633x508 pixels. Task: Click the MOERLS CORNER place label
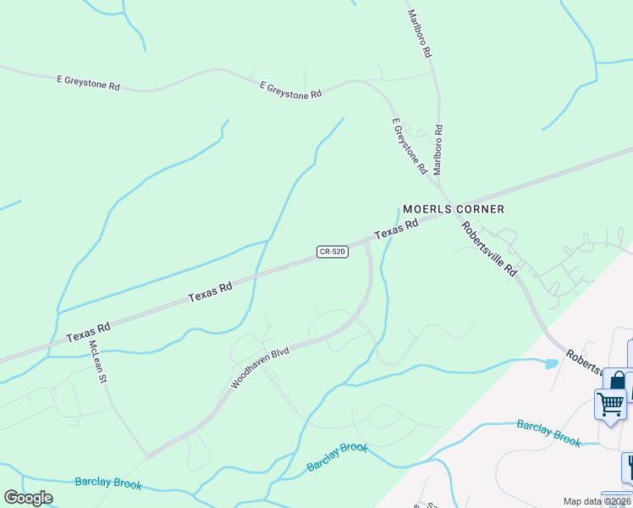coord(453,209)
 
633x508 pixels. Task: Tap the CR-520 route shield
coord(333,252)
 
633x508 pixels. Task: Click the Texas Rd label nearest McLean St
coord(89,331)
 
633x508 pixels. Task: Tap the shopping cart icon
coord(610,402)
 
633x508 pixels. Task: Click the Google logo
coord(28,498)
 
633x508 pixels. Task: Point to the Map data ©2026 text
coord(597,501)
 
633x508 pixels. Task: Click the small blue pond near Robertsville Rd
coord(552,364)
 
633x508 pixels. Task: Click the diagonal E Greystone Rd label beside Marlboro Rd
coord(410,146)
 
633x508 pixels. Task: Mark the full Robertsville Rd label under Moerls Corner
coord(489,248)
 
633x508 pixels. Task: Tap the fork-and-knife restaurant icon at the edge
coord(628,466)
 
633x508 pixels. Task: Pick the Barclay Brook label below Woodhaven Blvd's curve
coord(337,456)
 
